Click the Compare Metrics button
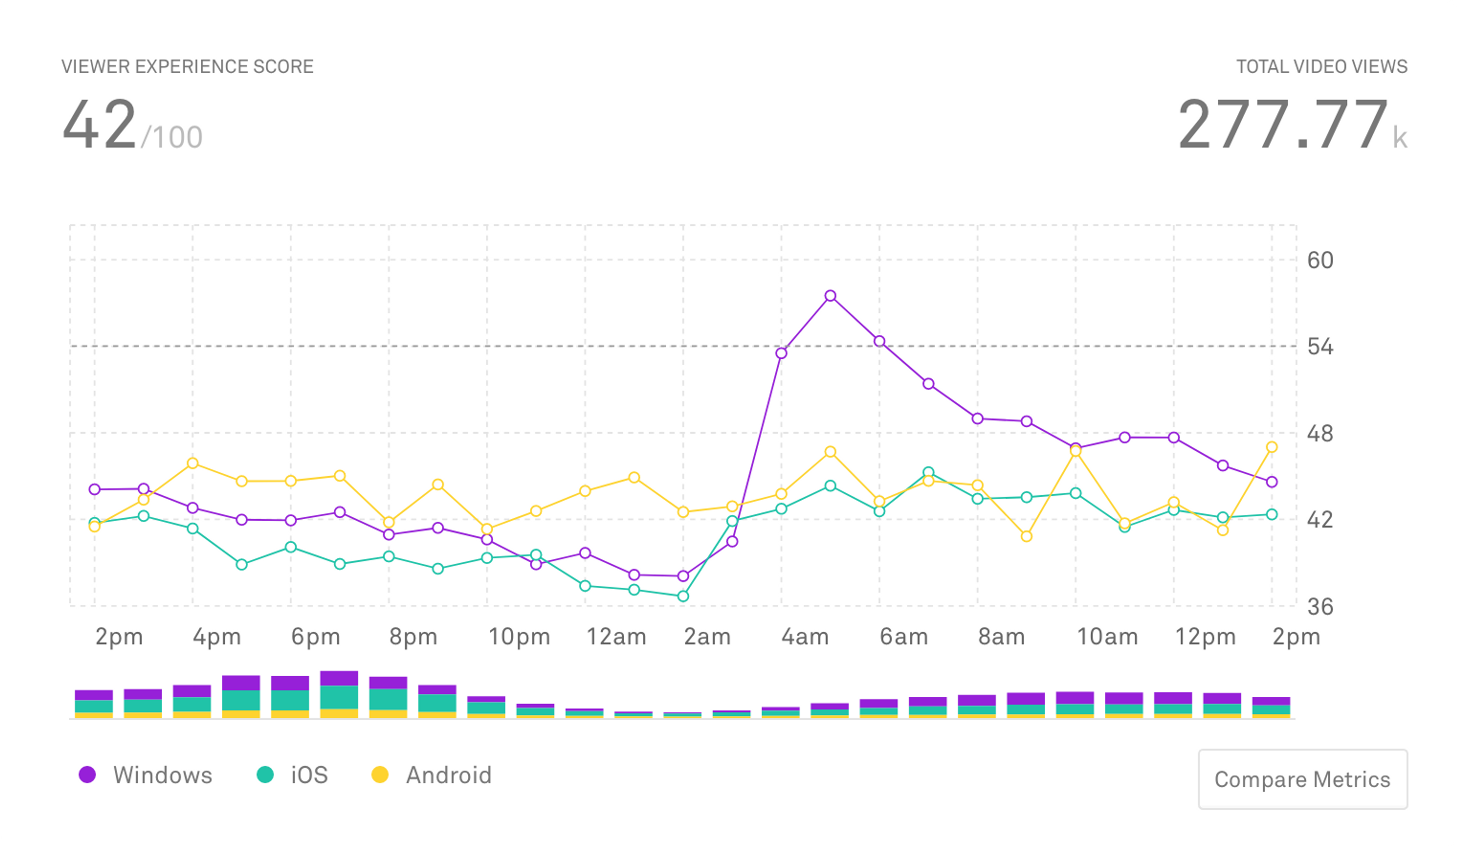tap(1302, 780)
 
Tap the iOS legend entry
tap(293, 775)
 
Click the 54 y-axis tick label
tap(1320, 347)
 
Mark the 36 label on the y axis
tap(1320, 607)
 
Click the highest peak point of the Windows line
tap(830, 296)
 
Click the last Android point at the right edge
tap(1272, 447)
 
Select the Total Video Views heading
tap(1321, 66)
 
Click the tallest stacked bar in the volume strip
tap(339, 694)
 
